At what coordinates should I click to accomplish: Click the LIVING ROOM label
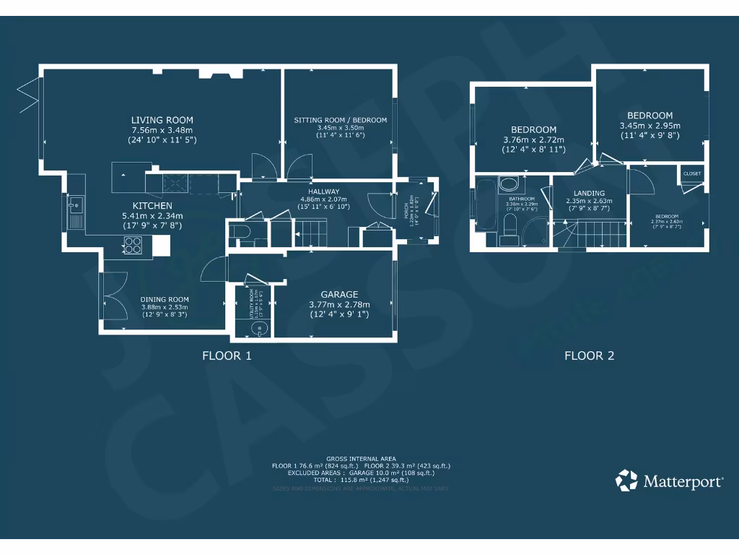coord(162,120)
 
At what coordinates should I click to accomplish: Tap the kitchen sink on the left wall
coord(75,212)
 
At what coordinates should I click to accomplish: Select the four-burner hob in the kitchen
coord(133,246)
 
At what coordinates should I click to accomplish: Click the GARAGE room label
coord(339,294)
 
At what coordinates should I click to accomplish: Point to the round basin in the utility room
coord(258,329)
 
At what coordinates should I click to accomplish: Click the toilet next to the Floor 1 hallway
coord(241,232)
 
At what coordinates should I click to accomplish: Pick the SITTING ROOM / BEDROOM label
coord(340,120)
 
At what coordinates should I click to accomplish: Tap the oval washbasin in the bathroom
coord(509,183)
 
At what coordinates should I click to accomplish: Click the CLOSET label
coord(692,174)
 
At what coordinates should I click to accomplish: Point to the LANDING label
coord(589,193)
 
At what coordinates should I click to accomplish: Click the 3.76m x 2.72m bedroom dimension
coord(533,140)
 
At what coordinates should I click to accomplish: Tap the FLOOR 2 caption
coord(589,356)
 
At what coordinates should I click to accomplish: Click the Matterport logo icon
coord(626,481)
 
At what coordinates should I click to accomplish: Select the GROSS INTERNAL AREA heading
coord(360,459)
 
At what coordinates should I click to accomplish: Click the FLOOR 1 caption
coord(227,356)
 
